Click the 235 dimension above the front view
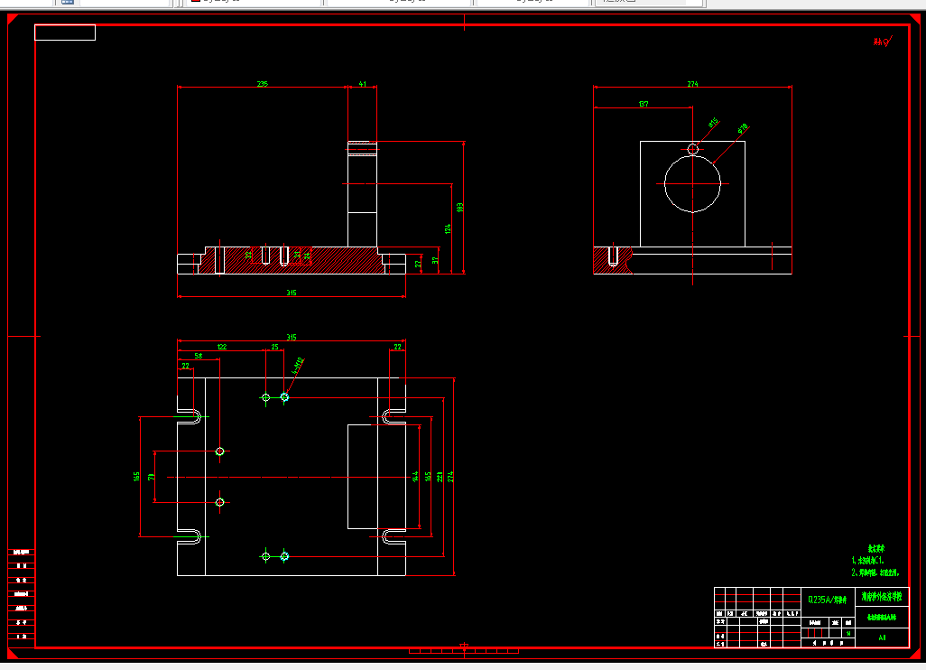(263, 84)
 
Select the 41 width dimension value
(362, 84)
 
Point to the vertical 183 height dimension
(461, 207)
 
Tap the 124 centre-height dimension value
(447, 228)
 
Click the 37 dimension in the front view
(434, 262)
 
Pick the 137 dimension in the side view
(643, 105)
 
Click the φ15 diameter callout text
(712, 123)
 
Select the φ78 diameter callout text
(743, 128)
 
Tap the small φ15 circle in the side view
(693, 149)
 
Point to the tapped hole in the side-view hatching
(613, 256)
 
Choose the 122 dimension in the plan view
(221, 347)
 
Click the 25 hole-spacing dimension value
(274, 347)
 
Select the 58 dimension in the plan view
(199, 356)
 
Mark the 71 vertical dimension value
(152, 476)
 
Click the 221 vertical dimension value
(439, 476)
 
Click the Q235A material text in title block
(827, 599)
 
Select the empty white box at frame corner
(65, 33)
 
